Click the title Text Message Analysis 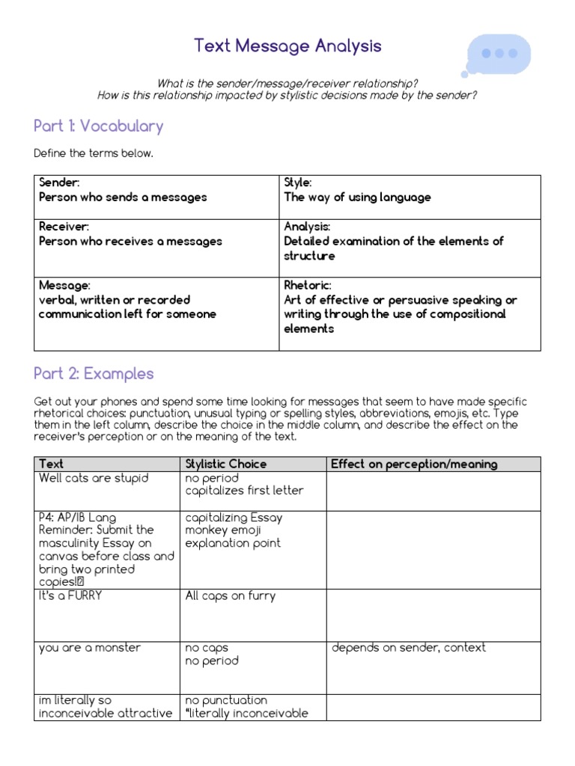[287, 46]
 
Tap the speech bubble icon [499, 54]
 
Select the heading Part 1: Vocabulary [98, 126]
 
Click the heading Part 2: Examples [94, 373]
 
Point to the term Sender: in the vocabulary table [59, 183]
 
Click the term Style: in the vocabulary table [298, 183]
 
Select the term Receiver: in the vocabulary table [64, 226]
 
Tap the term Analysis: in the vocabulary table [307, 226]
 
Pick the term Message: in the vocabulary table [64, 285]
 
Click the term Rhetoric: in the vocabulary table [307, 285]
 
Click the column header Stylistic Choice [226, 464]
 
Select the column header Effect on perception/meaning [414, 464]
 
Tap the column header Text [52, 464]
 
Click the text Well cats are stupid [94, 478]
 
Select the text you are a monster [90, 648]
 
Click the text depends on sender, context [409, 648]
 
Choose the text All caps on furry [231, 596]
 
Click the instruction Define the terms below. [94, 153]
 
